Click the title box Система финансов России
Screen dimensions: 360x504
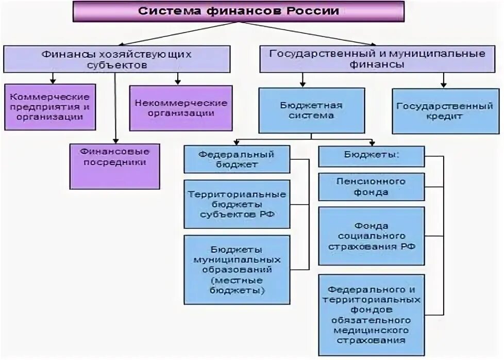[x=238, y=11]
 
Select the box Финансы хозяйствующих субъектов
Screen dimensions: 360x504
[x=116, y=59]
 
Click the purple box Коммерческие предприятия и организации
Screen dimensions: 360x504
[x=50, y=107]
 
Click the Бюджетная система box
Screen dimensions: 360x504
[x=311, y=110]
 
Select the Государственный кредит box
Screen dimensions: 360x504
[x=444, y=111]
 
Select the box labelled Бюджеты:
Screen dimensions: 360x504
[x=371, y=155]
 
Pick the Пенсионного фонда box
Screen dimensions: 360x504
[x=371, y=186]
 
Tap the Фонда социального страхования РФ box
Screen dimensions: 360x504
[x=371, y=236]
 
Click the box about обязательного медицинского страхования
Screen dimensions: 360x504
[x=371, y=315]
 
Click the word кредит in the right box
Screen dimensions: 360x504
[x=444, y=117]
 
